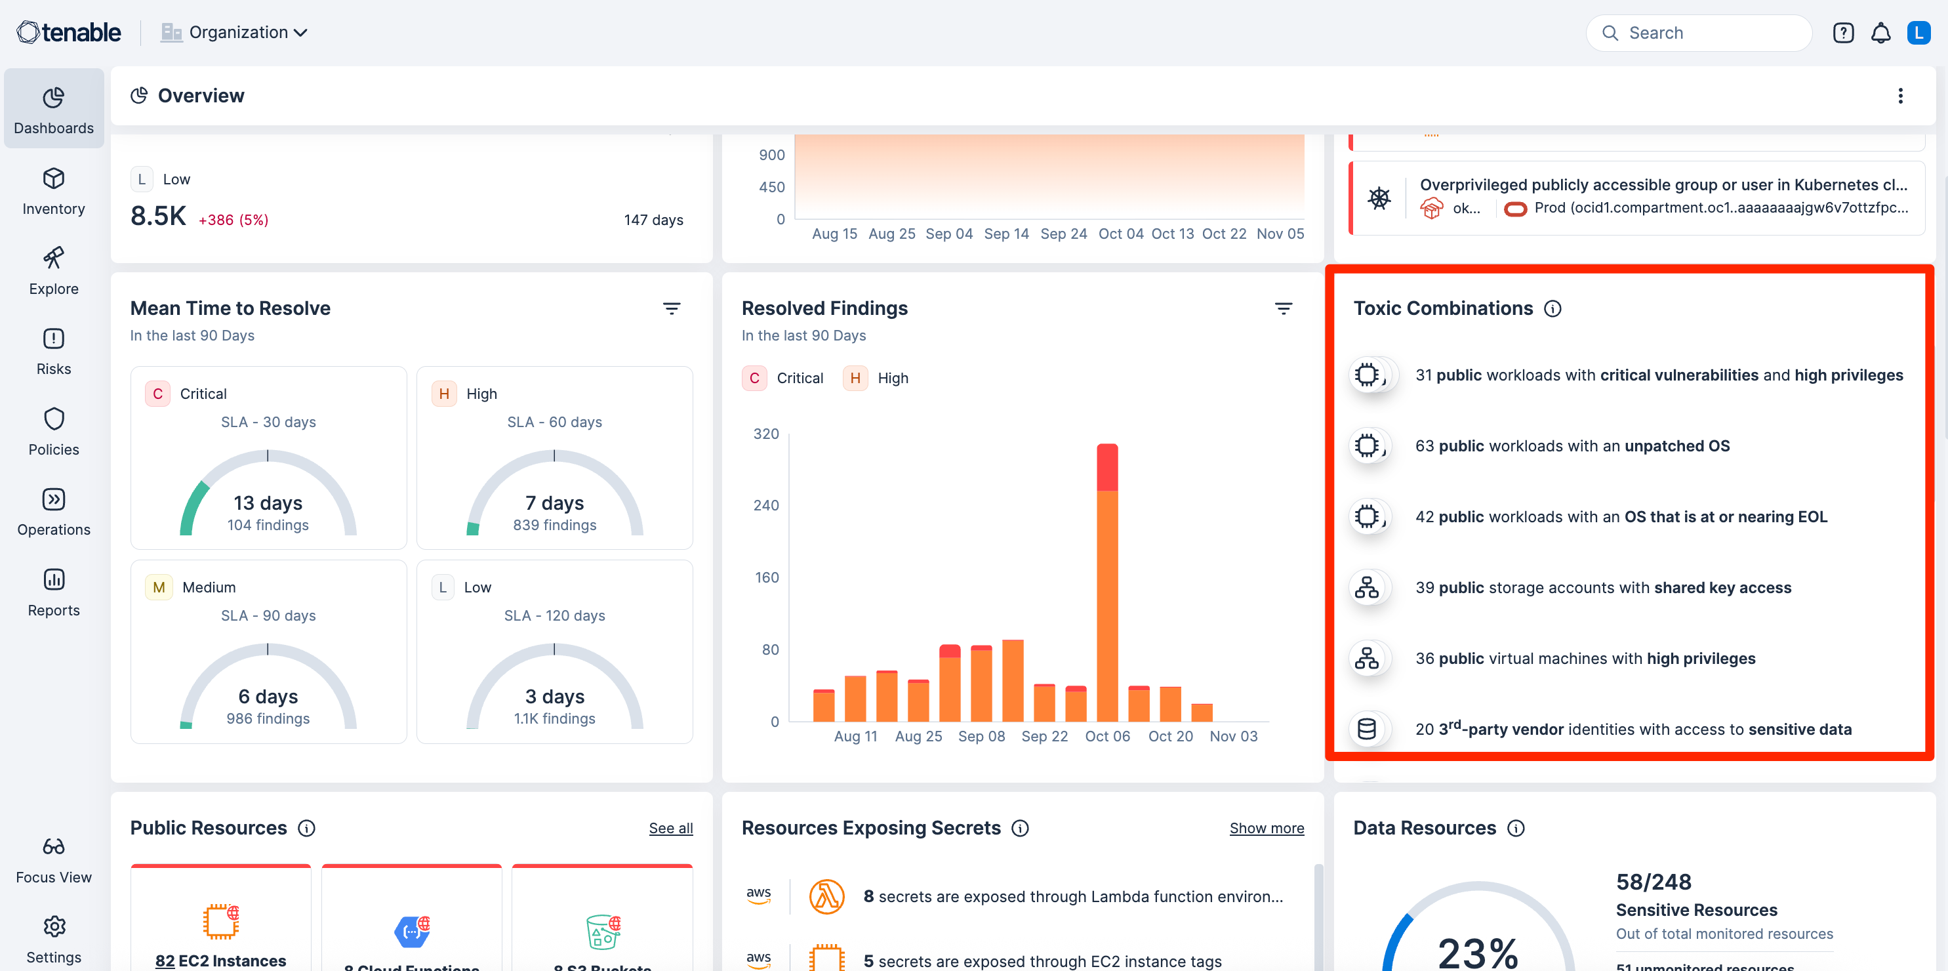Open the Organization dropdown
(x=233, y=33)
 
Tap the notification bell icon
(x=1880, y=33)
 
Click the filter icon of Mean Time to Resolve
(x=671, y=308)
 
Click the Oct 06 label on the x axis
(x=1107, y=736)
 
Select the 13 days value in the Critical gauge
(x=268, y=503)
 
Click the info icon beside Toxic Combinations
(x=1552, y=308)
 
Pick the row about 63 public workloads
(x=1572, y=446)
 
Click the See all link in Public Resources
(x=670, y=828)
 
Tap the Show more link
(x=1266, y=828)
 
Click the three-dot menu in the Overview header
(x=1899, y=95)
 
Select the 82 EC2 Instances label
(x=221, y=960)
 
